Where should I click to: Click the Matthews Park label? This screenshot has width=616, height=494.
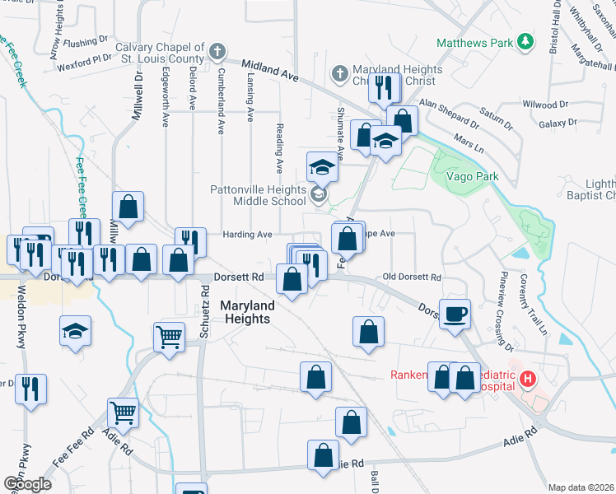[x=474, y=41]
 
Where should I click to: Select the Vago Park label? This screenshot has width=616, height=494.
[x=472, y=177]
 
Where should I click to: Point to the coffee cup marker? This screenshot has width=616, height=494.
[x=455, y=314]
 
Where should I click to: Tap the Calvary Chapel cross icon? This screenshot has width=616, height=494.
[x=217, y=52]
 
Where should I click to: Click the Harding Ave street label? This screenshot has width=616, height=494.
[x=248, y=235]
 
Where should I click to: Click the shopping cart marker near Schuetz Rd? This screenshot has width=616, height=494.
[x=169, y=336]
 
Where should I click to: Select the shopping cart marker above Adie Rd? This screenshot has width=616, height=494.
[x=124, y=412]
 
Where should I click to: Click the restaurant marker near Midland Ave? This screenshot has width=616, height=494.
[x=384, y=88]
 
